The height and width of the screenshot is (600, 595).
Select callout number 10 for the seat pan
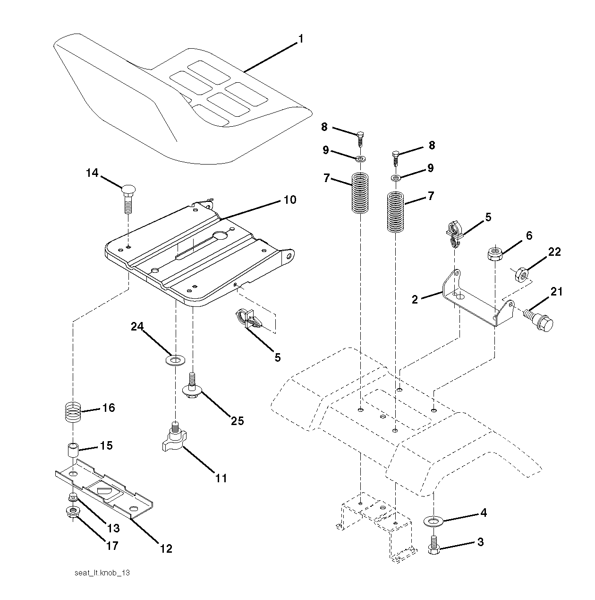[289, 200]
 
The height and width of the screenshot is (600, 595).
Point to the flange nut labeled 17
[73, 512]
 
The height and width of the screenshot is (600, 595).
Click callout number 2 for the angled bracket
[415, 299]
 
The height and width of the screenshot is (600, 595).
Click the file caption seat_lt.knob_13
[102, 573]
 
